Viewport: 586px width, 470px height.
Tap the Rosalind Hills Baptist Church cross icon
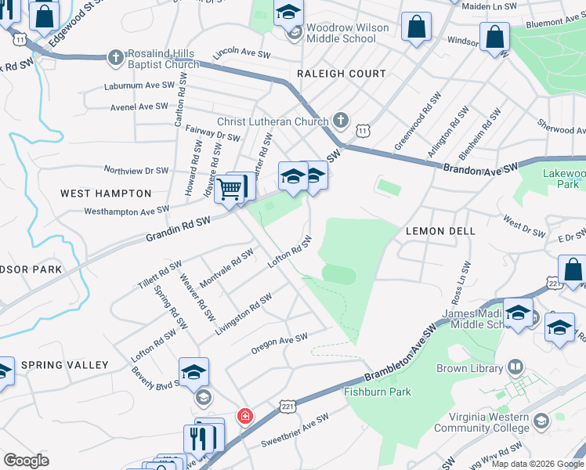(115, 56)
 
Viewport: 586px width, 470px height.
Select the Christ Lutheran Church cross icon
(339, 121)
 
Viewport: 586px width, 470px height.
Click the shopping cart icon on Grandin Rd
(230, 188)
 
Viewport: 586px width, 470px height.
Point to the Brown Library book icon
(515, 367)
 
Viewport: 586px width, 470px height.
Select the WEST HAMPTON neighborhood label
(106, 193)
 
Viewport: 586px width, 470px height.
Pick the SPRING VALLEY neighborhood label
(64, 365)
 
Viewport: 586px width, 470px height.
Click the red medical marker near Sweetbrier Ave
(245, 415)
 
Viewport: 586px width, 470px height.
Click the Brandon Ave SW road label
(480, 169)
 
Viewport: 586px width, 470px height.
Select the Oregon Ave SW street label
(279, 342)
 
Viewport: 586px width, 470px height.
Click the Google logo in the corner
(26, 460)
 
